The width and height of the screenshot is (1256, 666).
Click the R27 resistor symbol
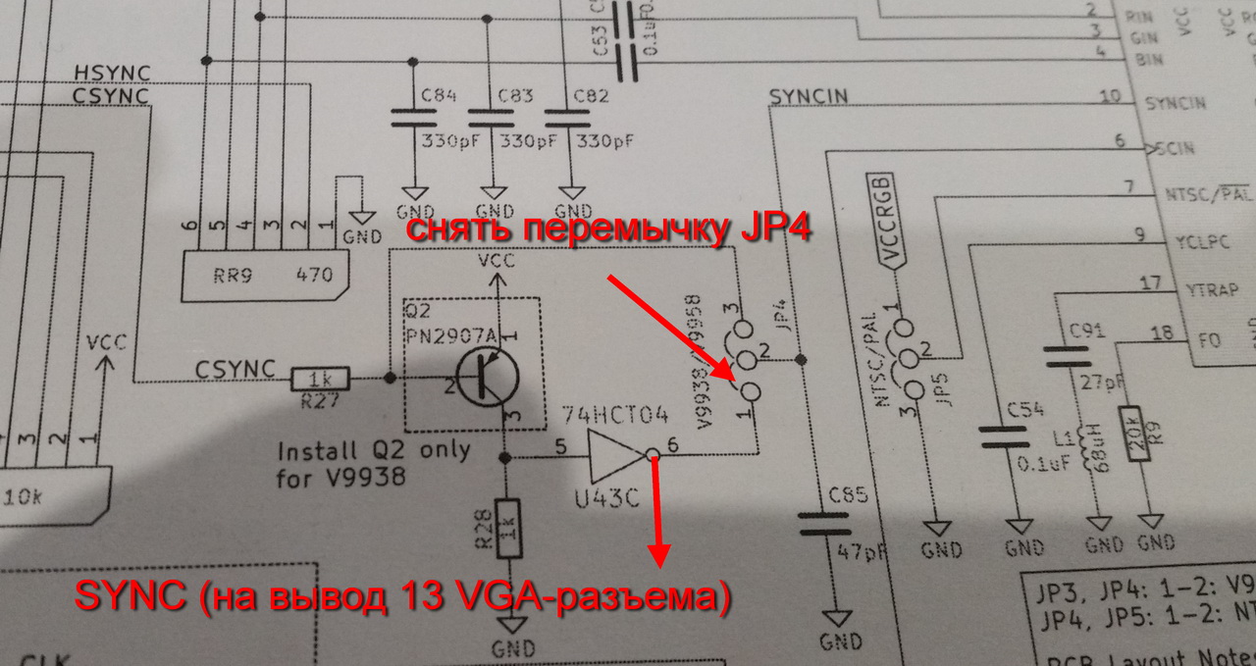coord(317,378)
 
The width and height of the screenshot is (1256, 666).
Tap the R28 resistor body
coord(508,528)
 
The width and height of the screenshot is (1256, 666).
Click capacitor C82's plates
coord(567,119)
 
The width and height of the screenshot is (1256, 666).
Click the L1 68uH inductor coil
coord(1088,459)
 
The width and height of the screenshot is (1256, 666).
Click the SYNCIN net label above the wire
coord(809,97)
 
